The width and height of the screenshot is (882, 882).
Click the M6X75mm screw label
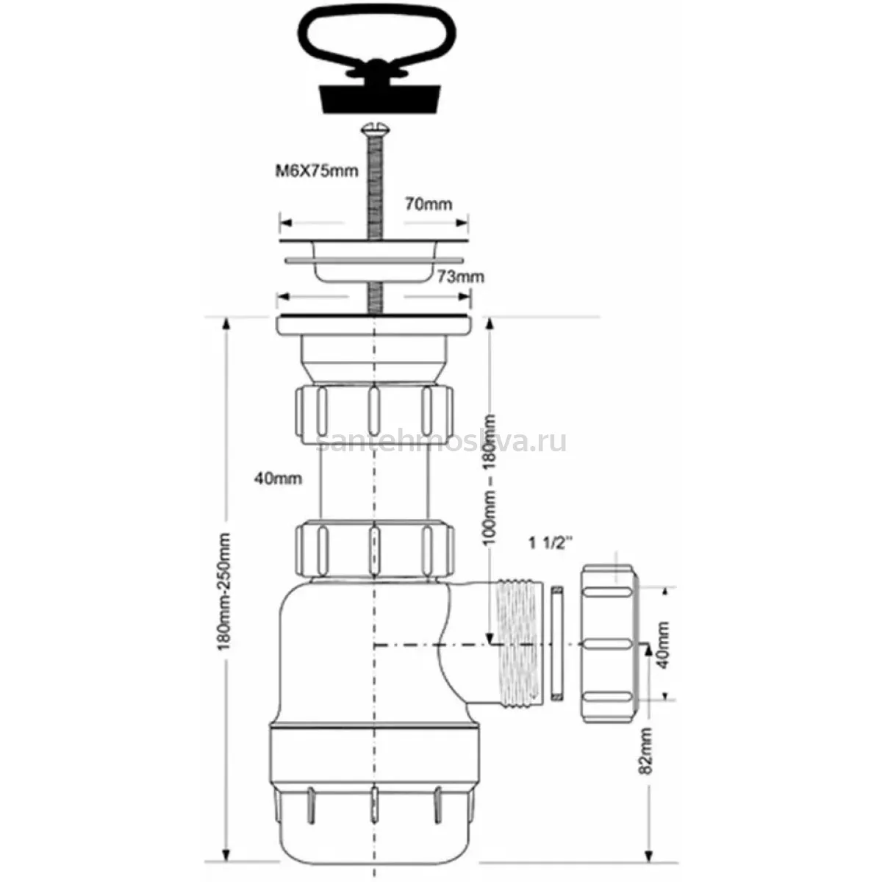pos(316,171)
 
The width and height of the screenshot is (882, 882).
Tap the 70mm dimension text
pos(429,204)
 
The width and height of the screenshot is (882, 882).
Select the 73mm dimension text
pos(460,276)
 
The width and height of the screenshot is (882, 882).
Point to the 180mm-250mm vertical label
pos(225,591)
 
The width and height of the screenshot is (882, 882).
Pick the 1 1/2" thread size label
pos(551,543)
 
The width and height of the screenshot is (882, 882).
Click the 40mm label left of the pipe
pos(279,478)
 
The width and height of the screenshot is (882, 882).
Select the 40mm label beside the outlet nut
pos(661,645)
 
